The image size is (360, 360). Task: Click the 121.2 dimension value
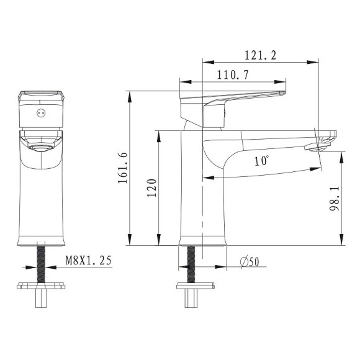[260, 55]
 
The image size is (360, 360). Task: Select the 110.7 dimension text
[233, 75]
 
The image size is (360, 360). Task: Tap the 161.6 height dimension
[123, 168]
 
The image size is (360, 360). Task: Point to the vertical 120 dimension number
[151, 188]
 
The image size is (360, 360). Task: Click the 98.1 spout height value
[335, 199]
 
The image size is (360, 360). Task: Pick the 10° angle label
[261, 161]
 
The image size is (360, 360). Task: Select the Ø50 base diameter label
[250, 262]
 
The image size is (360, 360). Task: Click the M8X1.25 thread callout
[88, 260]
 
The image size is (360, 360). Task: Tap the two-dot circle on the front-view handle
[41, 113]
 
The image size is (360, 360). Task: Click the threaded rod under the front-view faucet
[41, 264]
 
